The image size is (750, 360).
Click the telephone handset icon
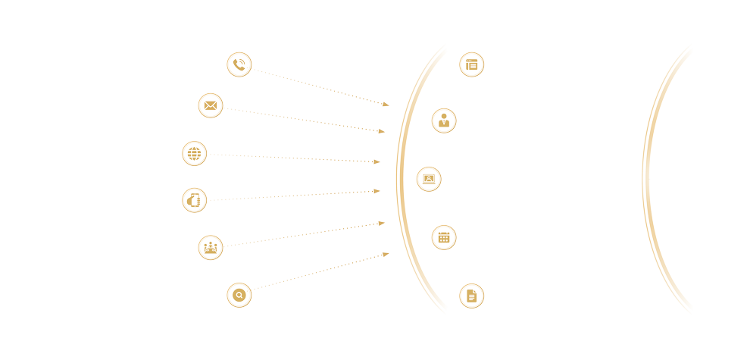click(x=239, y=64)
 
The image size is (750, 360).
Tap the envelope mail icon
click(x=211, y=105)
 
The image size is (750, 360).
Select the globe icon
click(x=195, y=154)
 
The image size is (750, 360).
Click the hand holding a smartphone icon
click(x=195, y=200)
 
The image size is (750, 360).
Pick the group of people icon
click(x=211, y=248)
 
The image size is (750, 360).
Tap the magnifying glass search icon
click(x=239, y=295)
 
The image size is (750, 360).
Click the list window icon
click(x=472, y=64)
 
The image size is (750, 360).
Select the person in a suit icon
click(x=444, y=121)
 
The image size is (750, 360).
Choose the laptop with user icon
click(x=429, y=179)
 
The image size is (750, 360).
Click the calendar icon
click(x=444, y=237)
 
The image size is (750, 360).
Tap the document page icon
click(x=472, y=296)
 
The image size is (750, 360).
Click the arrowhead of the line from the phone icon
click(x=386, y=105)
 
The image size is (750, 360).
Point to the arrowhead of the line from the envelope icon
click(x=382, y=132)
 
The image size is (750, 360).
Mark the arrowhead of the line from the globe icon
click(x=377, y=161)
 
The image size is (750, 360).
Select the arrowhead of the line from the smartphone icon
click(x=377, y=191)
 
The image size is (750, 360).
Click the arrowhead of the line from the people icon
click(x=382, y=223)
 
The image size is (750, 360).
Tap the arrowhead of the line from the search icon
click(x=386, y=254)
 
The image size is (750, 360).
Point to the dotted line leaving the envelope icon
click(x=303, y=120)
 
